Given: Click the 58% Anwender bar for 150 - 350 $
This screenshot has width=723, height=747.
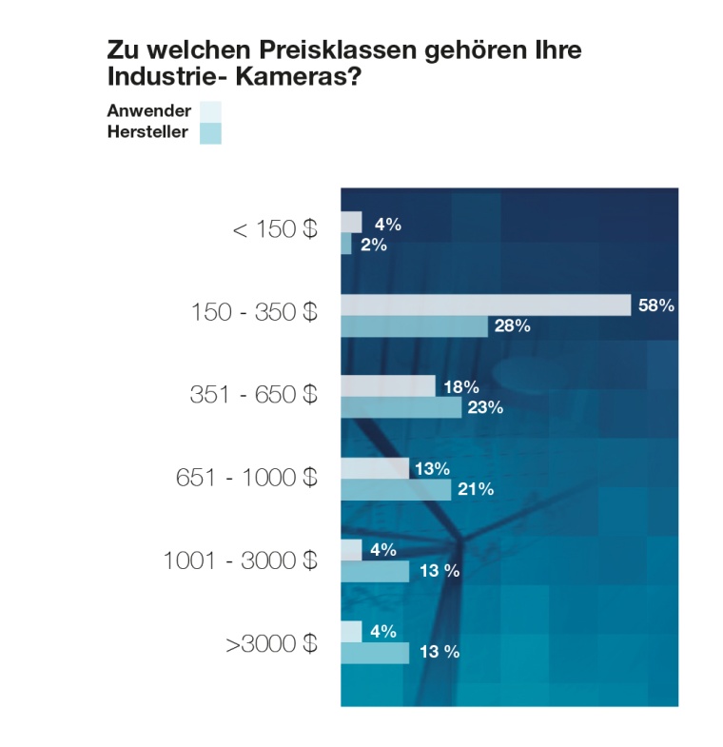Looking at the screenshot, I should (485, 305).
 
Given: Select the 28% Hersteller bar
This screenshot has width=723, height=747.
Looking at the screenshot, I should (414, 326).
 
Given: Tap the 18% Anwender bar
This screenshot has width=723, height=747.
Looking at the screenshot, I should (387, 386).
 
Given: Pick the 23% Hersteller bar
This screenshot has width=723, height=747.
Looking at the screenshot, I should (401, 408).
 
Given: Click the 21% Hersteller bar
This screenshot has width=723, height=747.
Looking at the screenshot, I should (396, 489).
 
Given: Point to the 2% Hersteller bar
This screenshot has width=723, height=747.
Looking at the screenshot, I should (346, 245).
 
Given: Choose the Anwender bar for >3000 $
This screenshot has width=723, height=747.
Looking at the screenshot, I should (351, 631).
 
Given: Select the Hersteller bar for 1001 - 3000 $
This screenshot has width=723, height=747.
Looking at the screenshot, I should (375, 571).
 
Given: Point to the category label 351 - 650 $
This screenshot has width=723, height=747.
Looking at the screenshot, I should (253, 394).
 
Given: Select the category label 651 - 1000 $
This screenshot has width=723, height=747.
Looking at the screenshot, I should (246, 478).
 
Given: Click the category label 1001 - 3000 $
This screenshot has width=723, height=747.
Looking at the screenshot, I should (240, 560).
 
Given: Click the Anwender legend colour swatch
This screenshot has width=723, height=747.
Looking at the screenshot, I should (210, 111).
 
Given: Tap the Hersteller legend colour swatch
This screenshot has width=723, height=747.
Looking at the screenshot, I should (210, 133).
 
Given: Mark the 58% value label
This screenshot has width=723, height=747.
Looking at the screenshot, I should (656, 305).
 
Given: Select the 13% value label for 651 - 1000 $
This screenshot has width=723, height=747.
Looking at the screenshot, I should (432, 468).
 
